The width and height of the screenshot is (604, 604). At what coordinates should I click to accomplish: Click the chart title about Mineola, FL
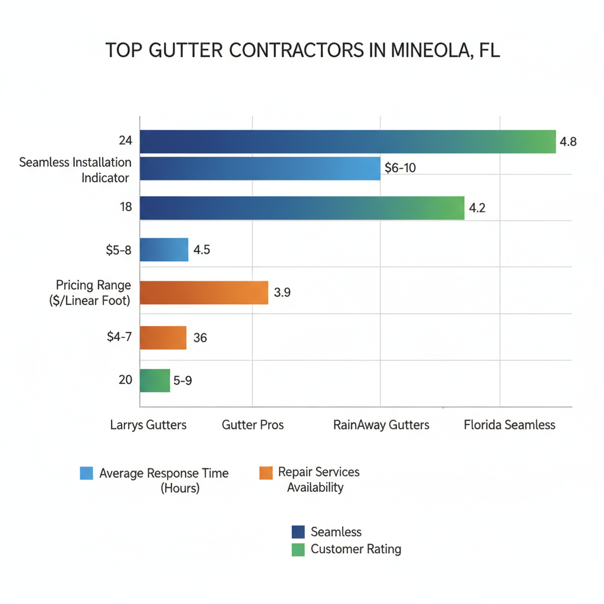302,50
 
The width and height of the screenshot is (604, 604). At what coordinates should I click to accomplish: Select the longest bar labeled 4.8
347,142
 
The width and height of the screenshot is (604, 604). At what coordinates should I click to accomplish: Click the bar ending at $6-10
260,168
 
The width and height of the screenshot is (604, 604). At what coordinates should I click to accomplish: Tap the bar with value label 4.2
302,208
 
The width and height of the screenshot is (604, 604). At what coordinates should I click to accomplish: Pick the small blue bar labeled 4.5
164,250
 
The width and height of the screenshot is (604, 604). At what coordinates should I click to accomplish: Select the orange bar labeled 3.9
204,292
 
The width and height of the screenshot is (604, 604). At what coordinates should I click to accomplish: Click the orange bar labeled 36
163,338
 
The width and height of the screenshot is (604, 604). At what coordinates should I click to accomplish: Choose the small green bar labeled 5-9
155,380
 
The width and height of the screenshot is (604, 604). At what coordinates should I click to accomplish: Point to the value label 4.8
567,142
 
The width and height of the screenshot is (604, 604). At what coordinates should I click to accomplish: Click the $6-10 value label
400,168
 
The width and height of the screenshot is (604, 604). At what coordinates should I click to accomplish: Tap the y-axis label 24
125,141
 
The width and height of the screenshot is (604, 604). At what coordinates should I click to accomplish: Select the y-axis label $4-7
120,338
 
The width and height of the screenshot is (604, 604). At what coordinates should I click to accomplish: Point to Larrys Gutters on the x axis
148,425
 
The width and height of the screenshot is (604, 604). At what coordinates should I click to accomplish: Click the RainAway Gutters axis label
381,425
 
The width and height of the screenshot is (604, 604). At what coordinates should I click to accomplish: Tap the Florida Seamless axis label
509,425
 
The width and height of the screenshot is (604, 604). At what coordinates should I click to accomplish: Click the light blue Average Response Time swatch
86,473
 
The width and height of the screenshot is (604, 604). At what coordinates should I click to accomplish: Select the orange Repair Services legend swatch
265,472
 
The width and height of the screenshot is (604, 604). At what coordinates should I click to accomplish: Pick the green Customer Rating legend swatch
298,549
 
